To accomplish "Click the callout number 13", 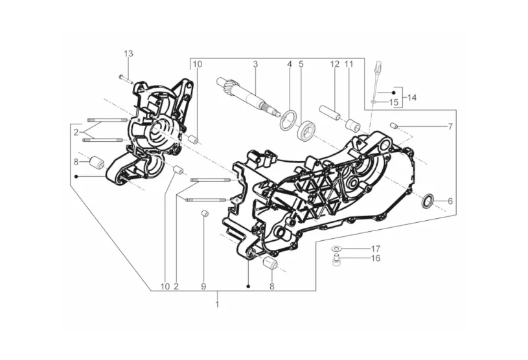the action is [128, 54].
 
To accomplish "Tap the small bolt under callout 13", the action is [126, 79].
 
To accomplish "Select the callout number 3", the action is [256, 64].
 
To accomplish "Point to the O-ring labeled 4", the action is [288, 120].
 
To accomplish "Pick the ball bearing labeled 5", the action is [306, 131].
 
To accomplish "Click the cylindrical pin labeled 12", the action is [330, 113].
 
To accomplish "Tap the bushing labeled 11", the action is [353, 126].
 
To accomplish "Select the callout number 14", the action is [412, 98].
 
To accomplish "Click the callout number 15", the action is [394, 102].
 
